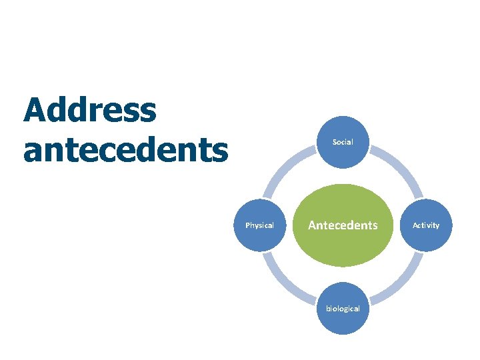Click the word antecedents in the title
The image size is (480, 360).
pyautogui.click(x=125, y=151)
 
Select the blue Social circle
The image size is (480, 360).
pyautogui.click(x=343, y=142)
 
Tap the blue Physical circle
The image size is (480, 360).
pyautogui.click(x=260, y=225)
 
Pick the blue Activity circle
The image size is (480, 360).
pyautogui.click(x=426, y=225)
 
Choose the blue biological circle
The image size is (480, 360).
pyautogui.click(x=343, y=308)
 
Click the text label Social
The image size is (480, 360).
pyautogui.click(x=343, y=142)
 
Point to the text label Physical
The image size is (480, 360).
pyautogui.click(x=260, y=225)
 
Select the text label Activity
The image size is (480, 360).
pyautogui.click(x=426, y=225)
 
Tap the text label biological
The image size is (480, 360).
pyautogui.click(x=343, y=308)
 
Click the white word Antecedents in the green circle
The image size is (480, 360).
pyautogui.click(x=343, y=225)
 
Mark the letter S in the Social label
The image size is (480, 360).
pyautogui.click(x=335, y=142)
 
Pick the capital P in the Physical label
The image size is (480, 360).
pyautogui.click(x=248, y=225)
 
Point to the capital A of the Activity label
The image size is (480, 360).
pyautogui.click(x=415, y=225)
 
